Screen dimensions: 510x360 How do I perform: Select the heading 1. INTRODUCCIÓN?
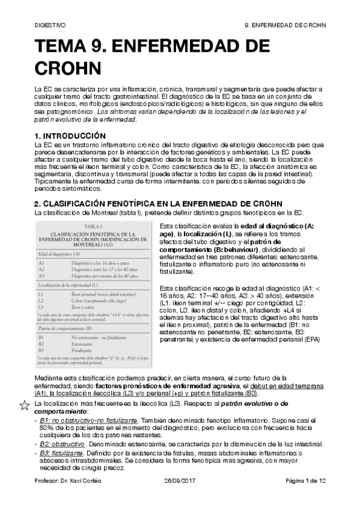point(70,136)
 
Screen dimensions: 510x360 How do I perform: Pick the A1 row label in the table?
point(41,263)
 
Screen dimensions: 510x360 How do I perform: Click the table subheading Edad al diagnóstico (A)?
point(61,254)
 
